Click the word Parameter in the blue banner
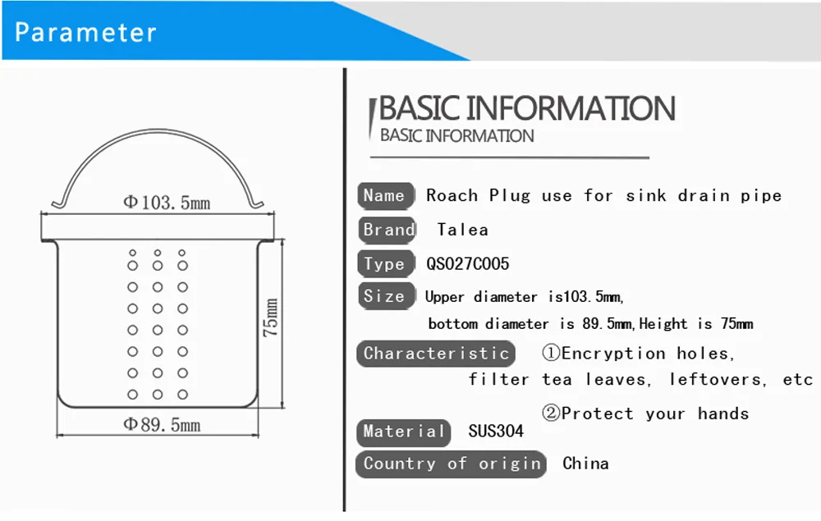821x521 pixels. click(85, 33)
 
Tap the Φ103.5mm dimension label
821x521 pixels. click(167, 202)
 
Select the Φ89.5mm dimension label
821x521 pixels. click(162, 424)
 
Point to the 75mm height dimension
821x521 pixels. click(270, 318)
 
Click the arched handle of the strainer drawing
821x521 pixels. click(157, 130)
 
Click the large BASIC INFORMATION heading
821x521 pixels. click(527, 108)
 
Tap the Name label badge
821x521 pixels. click(386, 195)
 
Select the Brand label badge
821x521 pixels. click(388, 231)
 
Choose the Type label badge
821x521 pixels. click(386, 263)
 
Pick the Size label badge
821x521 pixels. click(386, 296)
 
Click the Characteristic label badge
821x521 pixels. click(436, 354)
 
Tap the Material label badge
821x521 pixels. click(403, 432)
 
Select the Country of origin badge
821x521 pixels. click(451, 464)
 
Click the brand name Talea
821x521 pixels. click(463, 230)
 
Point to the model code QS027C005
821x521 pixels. click(468, 263)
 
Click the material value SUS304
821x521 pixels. click(496, 431)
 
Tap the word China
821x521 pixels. click(585, 464)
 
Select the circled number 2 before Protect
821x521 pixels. click(551, 414)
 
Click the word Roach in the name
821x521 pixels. click(452, 195)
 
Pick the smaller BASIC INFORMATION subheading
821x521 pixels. click(457, 136)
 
